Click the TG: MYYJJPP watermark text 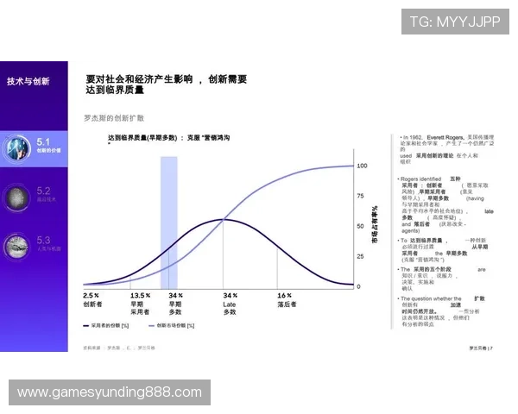coord(454,22)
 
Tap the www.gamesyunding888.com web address coord(110,392)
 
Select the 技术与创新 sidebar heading coord(28,81)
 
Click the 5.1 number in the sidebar coord(44,140)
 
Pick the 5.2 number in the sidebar coord(44,190)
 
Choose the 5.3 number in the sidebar coord(44,240)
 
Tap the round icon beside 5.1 coord(18,147)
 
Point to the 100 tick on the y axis coord(362,165)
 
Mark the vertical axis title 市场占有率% coord(376,226)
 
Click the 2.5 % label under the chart coord(91,295)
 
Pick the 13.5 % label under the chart coord(141,295)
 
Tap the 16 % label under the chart coord(284,295)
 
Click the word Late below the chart coord(230,304)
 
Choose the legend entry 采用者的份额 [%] coord(111,326)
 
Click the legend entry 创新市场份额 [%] coord(181,326)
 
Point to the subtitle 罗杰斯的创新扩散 coord(113,117)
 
